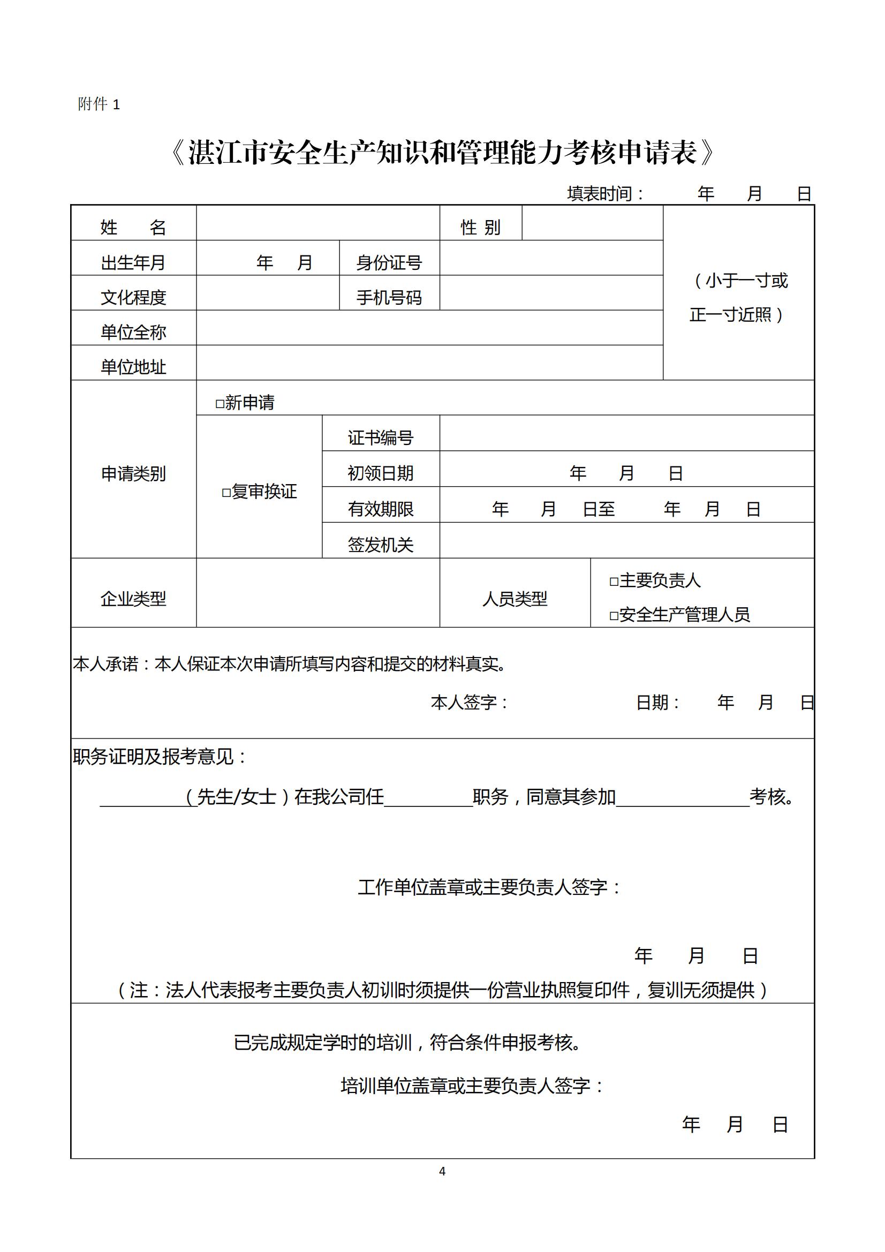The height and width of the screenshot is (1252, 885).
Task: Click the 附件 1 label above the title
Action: click(x=99, y=104)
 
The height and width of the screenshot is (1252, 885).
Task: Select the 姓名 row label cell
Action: click(x=133, y=227)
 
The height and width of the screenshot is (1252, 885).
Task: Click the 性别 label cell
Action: click(x=480, y=227)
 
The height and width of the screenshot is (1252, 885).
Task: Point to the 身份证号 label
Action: click(x=389, y=262)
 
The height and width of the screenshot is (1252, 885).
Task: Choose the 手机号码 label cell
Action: click(x=389, y=297)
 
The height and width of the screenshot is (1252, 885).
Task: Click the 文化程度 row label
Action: click(x=133, y=297)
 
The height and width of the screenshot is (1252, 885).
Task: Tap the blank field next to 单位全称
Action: click(x=429, y=328)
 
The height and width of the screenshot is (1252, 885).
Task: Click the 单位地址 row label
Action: click(x=133, y=367)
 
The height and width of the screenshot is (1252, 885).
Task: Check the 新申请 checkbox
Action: click(x=220, y=404)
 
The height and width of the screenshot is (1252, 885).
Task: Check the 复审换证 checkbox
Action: click(x=226, y=493)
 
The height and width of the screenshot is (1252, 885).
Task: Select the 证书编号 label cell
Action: click(x=380, y=438)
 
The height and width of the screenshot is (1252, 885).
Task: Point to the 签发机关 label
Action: click(x=380, y=544)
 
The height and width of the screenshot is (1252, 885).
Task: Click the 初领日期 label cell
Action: click(x=380, y=473)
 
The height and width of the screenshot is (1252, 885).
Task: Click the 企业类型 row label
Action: click(x=133, y=599)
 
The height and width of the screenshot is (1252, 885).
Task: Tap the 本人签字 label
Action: click(x=469, y=703)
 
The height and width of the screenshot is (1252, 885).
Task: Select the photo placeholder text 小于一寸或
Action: click(x=742, y=281)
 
